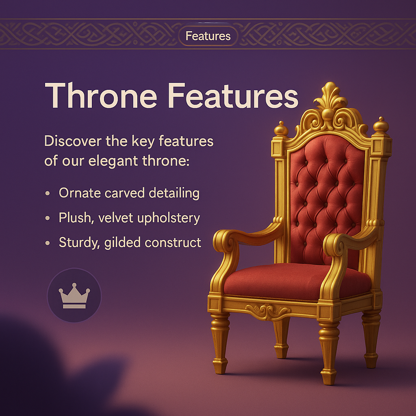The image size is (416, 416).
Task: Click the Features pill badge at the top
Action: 208,36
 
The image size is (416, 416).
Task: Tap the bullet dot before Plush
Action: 48,219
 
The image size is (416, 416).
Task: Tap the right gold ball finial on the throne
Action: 381,125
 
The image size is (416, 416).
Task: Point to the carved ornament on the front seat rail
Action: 269,311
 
